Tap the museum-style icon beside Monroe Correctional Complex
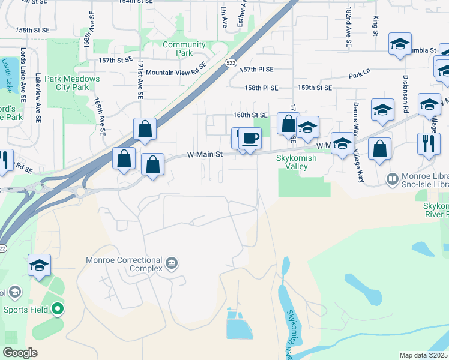(x=172, y=263)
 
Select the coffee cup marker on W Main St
(x=250, y=139)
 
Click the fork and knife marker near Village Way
(x=429, y=145)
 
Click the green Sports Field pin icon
(x=58, y=310)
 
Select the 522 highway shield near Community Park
(x=231, y=62)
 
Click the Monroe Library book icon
(x=392, y=179)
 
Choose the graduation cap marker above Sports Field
(x=40, y=265)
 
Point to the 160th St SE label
(x=250, y=115)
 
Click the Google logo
(x=20, y=353)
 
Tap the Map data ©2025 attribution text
(x=424, y=355)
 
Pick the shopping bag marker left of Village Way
(x=379, y=149)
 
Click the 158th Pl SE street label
(x=261, y=88)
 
